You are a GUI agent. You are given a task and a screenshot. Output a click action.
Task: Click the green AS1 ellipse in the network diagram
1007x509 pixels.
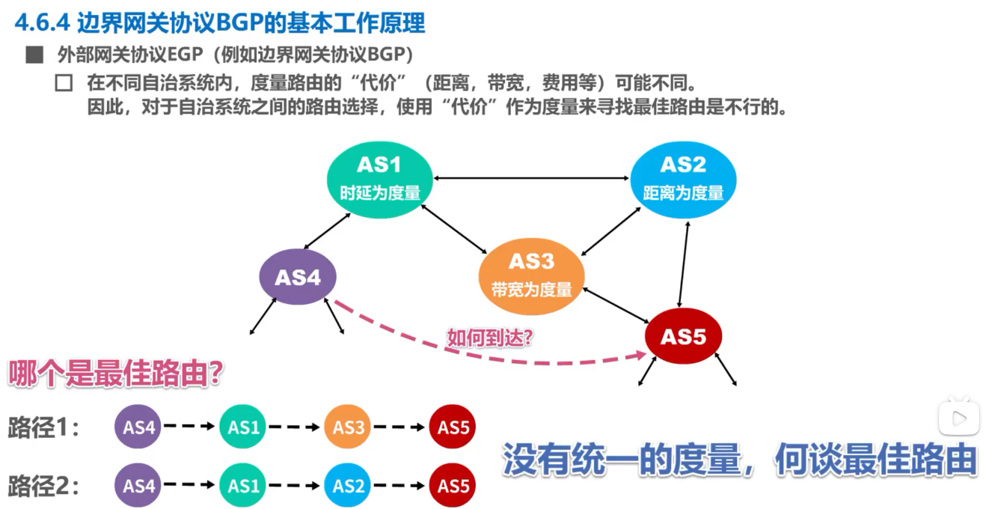point(380,180)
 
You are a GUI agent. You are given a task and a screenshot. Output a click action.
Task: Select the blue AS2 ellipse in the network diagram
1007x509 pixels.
point(683,180)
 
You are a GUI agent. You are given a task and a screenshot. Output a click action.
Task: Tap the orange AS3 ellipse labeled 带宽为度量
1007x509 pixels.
point(531,274)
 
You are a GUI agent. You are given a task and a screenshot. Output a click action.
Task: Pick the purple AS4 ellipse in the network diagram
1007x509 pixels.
point(298,278)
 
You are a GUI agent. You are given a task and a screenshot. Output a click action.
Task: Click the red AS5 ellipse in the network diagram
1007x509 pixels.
point(683,337)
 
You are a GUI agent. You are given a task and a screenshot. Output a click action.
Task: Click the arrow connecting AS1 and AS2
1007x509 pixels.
point(531,178)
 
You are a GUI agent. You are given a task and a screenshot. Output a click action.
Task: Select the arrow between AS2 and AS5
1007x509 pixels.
point(683,265)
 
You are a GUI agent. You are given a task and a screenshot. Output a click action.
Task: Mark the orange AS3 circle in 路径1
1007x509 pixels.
point(349,427)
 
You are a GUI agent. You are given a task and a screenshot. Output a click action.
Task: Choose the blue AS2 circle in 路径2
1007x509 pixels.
point(349,486)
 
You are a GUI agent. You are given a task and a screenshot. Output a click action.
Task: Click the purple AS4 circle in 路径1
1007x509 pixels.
point(139,427)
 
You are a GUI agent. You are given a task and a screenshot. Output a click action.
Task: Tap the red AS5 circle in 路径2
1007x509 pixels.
point(453,486)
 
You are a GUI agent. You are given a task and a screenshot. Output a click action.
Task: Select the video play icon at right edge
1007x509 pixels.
point(959,417)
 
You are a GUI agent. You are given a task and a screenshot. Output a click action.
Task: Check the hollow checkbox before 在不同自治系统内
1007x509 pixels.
point(64,82)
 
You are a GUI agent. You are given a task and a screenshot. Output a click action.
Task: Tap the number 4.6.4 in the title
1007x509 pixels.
point(42,23)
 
